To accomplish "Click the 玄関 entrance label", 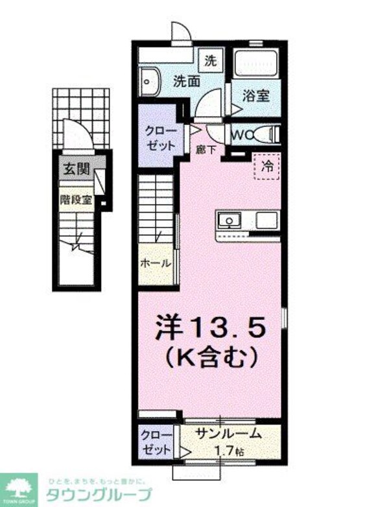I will pos(75,170).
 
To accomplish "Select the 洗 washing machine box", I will pos(209,62).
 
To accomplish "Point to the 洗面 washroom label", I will pos(187,82).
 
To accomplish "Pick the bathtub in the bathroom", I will pos(257,65).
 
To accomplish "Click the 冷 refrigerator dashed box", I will pos(266,165).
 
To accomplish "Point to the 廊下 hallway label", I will pos(206,148).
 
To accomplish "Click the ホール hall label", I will pos(156,264).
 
